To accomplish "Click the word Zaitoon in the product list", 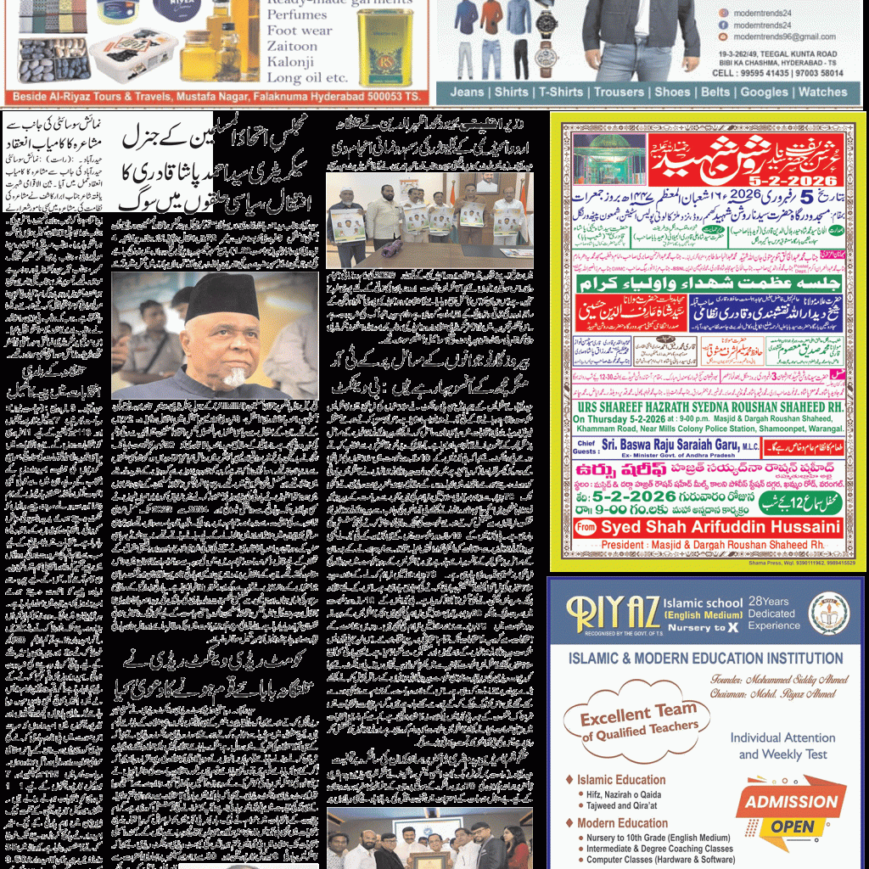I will point(292,46).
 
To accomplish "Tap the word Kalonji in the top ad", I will point(290,61).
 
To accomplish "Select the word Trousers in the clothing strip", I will point(619,92).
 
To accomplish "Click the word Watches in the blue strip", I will point(822,92).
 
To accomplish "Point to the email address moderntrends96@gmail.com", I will point(784,37).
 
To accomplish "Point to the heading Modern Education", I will point(622,823).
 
